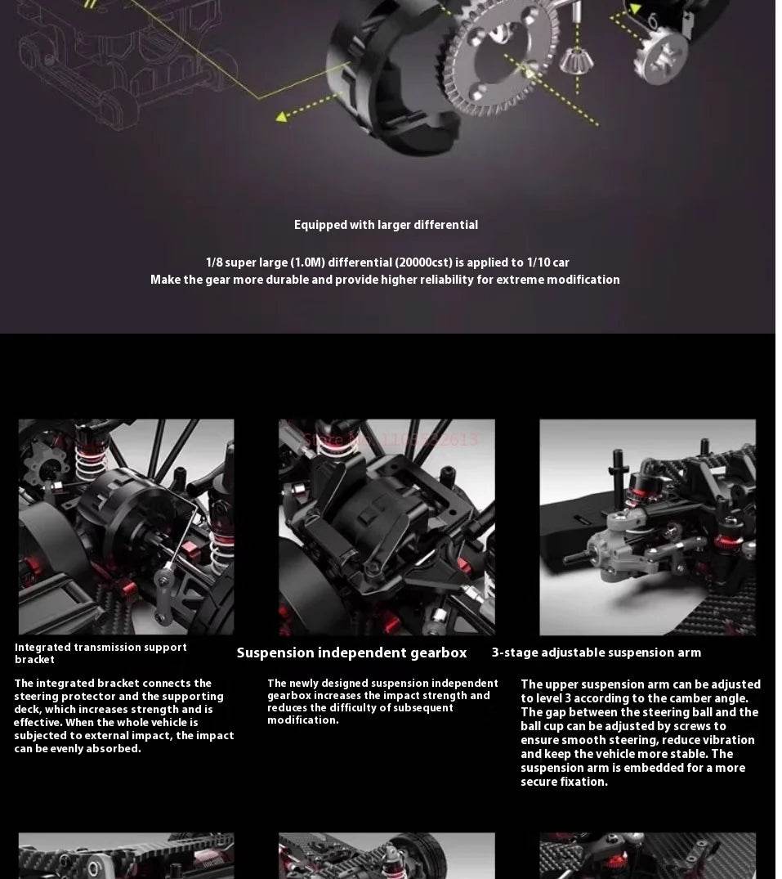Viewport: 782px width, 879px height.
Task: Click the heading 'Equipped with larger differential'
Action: point(386,225)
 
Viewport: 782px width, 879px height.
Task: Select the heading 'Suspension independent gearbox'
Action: point(351,653)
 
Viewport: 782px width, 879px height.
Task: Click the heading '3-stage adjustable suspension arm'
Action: point(596,653)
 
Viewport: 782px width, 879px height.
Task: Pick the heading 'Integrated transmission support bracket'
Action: point(101,653)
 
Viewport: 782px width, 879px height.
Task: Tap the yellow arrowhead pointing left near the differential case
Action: point(282,116)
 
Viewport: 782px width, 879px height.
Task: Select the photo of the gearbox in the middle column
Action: point(386,527)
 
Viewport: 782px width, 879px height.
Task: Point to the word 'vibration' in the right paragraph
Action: point(726,740)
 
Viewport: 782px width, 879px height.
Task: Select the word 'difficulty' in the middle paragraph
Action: point(352,707)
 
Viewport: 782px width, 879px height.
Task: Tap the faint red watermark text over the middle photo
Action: point(391,440)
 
